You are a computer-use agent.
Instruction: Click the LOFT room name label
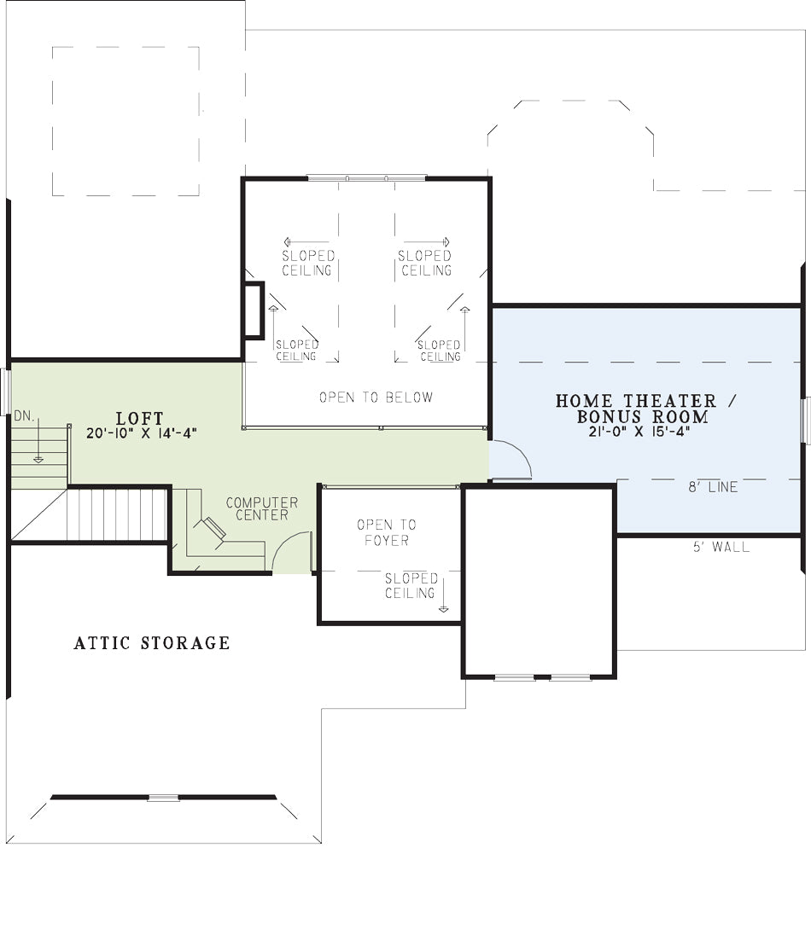click(x=139, y=418)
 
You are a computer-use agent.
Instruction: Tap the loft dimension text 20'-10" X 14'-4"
click(x=142, y=433)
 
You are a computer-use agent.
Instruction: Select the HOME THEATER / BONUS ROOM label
click(x=643, y=409)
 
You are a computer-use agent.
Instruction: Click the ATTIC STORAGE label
click(x=152, y=643)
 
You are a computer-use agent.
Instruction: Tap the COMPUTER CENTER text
click(x=262, y=508)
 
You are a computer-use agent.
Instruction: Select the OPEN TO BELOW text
click(x=376, y=397)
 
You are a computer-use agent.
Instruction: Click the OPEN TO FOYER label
click(x=387, y=532)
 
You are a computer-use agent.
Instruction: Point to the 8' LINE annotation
click(x=713, y=487)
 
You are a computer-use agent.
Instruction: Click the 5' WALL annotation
click(x=721, y=547)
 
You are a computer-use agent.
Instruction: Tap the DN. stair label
click(x=25, y=415)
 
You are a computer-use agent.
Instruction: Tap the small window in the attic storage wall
click(x=164, y=798)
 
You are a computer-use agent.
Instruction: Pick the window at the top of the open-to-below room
click(x=366, y=178)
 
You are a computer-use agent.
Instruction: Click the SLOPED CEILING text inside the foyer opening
click(x=411, y=586)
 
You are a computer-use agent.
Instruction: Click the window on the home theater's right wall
click(x=805, y=421)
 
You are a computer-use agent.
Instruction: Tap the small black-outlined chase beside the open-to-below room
click(x=254, y=310)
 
